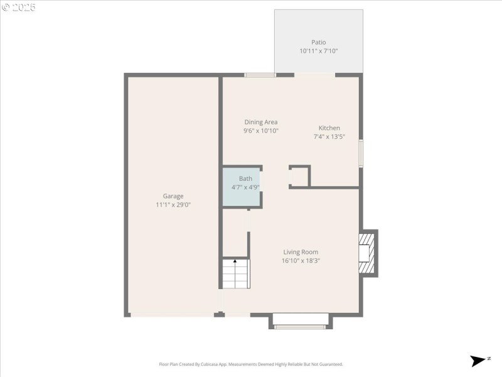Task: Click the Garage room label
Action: (173, 196)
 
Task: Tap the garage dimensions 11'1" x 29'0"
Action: (173, 205)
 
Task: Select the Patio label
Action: (319, 43)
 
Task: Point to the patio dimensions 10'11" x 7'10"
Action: (319, 52)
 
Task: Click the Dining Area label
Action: (261, 122)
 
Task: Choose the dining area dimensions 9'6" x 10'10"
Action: (261, 131)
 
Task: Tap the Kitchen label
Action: (329, 128)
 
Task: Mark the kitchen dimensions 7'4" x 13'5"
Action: (329, 136)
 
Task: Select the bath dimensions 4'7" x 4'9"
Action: (245, 187)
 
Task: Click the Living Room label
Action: (301, 252)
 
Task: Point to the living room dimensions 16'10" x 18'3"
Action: (301, 261)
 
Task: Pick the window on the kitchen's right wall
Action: (361, 153)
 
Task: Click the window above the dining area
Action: (260, 75)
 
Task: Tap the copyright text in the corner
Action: (19, 7)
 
